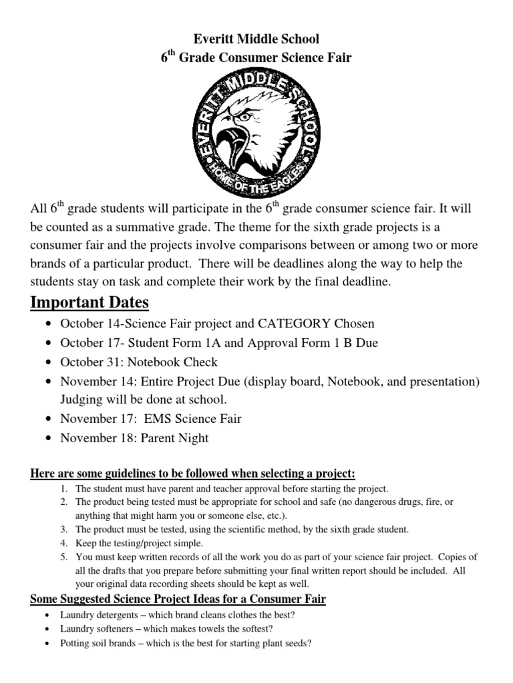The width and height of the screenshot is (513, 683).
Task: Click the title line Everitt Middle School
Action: coord(256,39)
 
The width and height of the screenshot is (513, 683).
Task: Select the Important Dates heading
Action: coord(90,302)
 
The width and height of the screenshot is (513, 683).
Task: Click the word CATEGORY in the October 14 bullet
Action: coord(294,323)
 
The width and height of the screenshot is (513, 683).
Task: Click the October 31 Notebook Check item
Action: coord(139,362)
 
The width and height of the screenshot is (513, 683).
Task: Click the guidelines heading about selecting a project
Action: coord(193,474)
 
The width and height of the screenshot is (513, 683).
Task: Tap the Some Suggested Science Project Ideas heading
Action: coord(178,599)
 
